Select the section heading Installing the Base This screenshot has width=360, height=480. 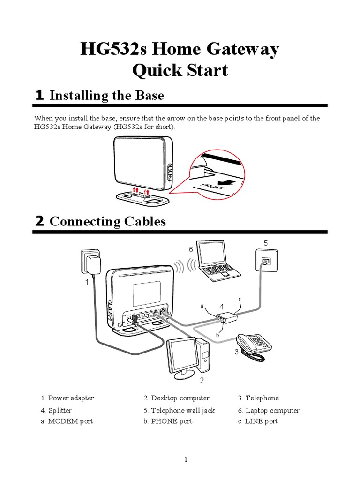pos(106,96)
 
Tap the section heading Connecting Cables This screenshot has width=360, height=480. pos(107,221)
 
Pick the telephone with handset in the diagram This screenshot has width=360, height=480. pos(253,346)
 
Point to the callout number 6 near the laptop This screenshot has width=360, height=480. pos(191,250)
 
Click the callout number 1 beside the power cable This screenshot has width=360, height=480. pos(87,282)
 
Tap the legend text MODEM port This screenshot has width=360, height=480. pos(70,421)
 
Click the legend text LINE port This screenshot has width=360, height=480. pos(261,421)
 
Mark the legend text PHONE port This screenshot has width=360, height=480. pos(171,421)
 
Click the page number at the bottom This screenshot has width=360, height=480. pos(186,460)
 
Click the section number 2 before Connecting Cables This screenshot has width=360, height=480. pos(40,221)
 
